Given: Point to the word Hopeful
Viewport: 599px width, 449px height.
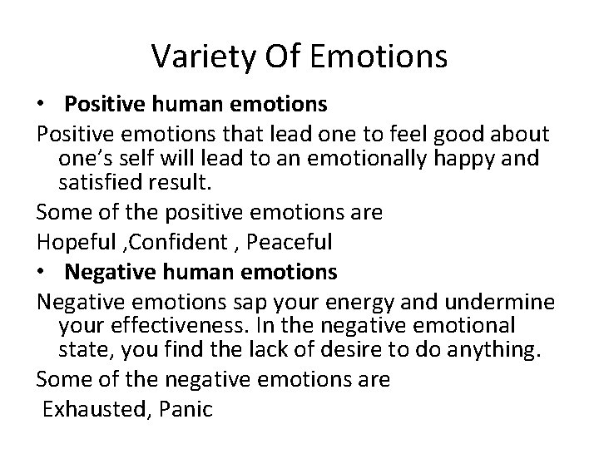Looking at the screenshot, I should [71, 243].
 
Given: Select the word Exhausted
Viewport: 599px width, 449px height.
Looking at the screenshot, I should [92, 408].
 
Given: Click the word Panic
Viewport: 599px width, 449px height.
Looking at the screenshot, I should [186, 408].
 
